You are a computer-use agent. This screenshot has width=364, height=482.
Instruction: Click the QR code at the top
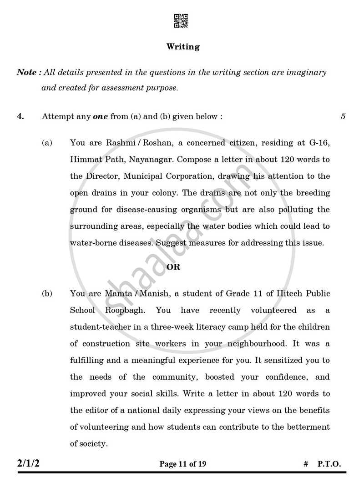[x=181, y=21]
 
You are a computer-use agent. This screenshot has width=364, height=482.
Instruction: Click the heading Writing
[x=182, y=46]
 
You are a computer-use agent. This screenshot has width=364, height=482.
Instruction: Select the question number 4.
[x=20, y=116]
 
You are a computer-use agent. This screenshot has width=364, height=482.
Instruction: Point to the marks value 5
[x=343, y=116]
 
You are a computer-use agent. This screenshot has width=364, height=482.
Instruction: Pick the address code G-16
[x=319, y=143]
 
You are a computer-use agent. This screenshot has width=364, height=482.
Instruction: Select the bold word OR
[x=173, y=267]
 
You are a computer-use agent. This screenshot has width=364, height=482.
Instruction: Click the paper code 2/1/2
[x=31, y=464]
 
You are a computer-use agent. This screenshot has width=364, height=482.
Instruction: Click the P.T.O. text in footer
[x=329, y=464]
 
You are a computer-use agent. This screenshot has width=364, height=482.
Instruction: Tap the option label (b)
[x=47, y=294]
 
